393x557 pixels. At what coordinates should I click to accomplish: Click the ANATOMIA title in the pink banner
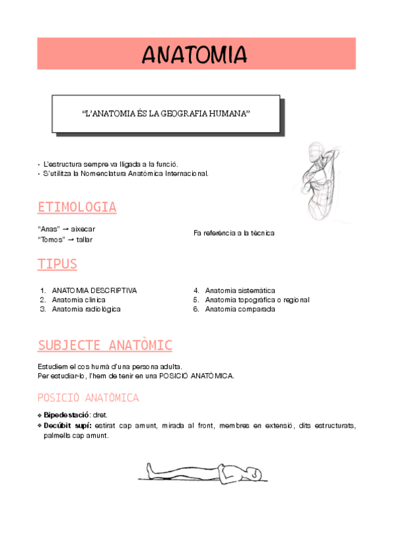point(195,54)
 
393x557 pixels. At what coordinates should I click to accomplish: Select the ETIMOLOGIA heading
point(77,208)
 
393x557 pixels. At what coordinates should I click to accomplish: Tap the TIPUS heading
point(57,264)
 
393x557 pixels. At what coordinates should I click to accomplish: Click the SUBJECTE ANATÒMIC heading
point(104,345)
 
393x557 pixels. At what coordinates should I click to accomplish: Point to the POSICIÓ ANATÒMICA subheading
point(88,397)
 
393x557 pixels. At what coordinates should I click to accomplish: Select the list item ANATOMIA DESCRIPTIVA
point(94,290)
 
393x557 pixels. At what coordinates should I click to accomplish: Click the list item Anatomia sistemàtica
point(240,290)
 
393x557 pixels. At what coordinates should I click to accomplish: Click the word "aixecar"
point(83,229)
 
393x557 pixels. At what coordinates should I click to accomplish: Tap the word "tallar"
point(84,240)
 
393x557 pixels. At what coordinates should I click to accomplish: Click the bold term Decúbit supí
point(68,426)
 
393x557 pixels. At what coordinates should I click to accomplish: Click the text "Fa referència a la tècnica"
point(234,233)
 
